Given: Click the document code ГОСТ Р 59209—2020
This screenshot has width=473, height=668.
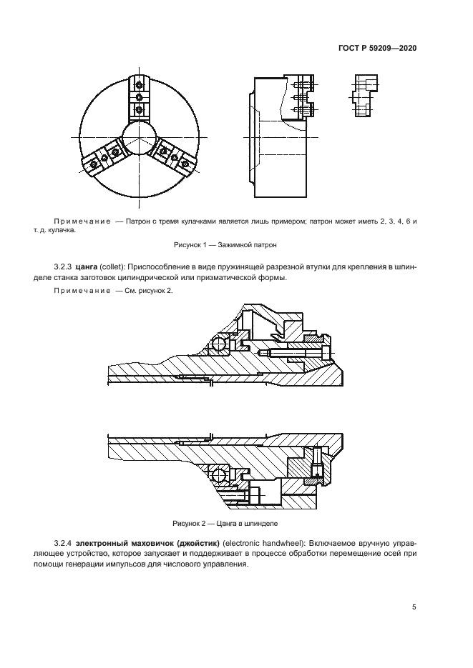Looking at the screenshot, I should (377, 49).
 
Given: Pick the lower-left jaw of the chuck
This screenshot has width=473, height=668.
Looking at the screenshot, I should (103, 159).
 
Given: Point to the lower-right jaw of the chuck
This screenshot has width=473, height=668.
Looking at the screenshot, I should (174, 158).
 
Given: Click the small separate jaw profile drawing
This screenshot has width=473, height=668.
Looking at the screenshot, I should (364, 96).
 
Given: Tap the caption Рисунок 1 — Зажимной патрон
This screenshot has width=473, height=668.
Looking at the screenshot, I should (236, 244).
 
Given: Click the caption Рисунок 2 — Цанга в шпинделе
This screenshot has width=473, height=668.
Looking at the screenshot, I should (236, 523).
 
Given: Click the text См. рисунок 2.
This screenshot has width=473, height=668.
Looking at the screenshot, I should (147, 291).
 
